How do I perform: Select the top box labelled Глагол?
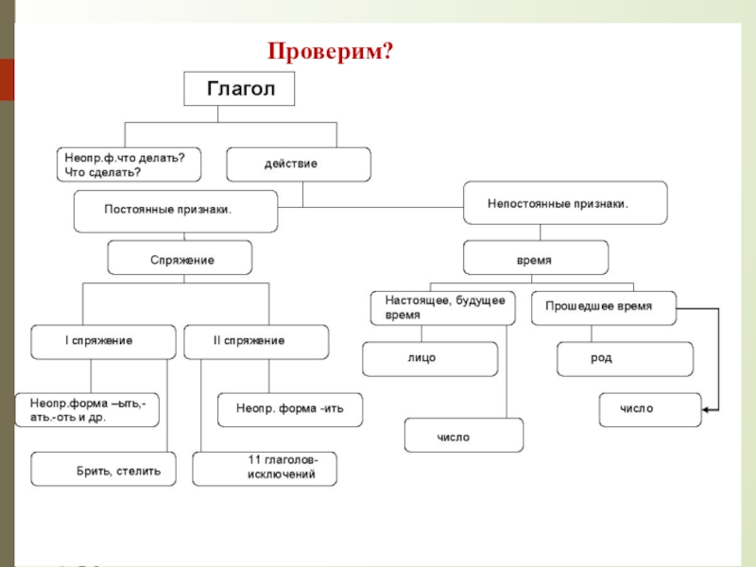(x=239, y=89)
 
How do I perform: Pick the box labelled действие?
(x=299, y=164)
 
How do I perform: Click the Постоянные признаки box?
(x=176, y=211)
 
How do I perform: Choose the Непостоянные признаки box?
(x=564, y=203)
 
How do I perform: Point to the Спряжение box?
(x=180, y=258)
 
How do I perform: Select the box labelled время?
(x=535, y=258)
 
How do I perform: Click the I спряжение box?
(x=104, y=341)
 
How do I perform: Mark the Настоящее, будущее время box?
(x=443, y=308)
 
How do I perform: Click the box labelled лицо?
(x=430, y=359)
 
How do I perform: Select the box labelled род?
(x=625, y=359)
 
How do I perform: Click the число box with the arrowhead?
(x=650, y=410)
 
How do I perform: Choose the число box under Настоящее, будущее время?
(x=463, y=437)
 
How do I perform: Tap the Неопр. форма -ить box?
(x=290, y=410)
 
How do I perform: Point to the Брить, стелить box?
(x=104, y=470)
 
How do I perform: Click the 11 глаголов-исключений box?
(x=266, y=469)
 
